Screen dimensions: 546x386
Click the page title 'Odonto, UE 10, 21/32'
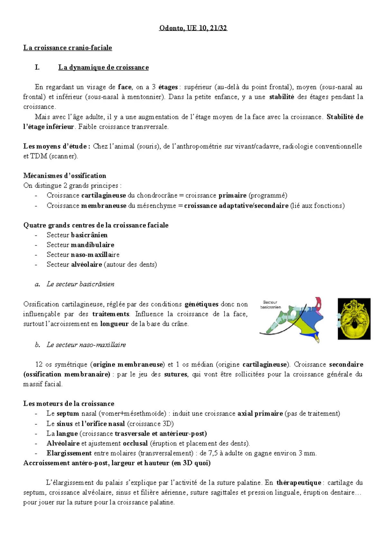pos(193,28)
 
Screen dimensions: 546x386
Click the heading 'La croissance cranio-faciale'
pos(68,48)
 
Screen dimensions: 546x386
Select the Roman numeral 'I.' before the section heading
pos(37,68)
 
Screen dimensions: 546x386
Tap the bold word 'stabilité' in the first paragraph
pos(281,97)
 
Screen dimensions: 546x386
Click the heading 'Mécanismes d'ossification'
pos(65,176)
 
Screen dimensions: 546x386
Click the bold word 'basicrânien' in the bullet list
pos(89,235)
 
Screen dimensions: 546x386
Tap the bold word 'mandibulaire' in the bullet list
pos(92,245)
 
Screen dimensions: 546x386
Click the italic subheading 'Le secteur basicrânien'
pos(80,284)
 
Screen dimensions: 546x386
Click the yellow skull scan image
pos(354,319)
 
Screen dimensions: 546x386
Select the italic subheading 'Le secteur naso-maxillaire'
pos(86,345)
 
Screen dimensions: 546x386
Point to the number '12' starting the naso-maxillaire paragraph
pos(39,365)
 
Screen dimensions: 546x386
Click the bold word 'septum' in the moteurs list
pos(68,414)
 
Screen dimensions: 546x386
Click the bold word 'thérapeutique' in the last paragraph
pos(299,483)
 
